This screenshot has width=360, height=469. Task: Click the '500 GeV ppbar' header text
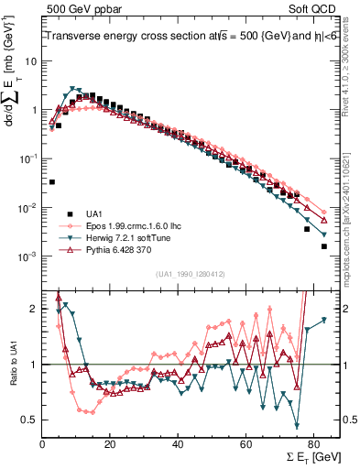click(81, 9)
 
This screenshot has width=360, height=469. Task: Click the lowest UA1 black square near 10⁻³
click(323, 246)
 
